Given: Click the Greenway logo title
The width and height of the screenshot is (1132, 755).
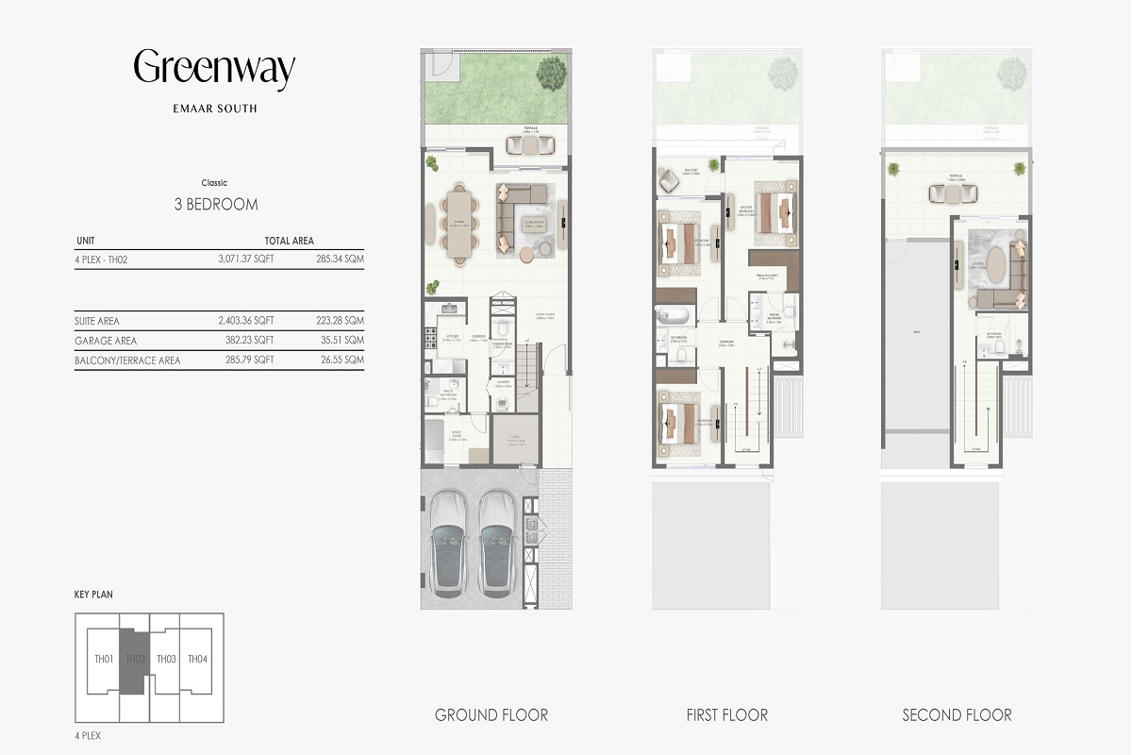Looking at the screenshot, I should [x=214, y=70].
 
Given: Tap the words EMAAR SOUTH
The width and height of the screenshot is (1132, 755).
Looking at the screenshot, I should [x=214, y=109].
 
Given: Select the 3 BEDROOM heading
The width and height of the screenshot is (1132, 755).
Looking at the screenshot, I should [x=216, y=204].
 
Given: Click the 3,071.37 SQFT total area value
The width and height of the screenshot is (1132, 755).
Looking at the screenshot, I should [x=245, y=259].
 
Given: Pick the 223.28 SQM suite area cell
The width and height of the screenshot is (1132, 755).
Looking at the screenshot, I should [x=341, y=321].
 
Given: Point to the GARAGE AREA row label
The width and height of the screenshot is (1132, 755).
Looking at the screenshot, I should [x=106, y=341].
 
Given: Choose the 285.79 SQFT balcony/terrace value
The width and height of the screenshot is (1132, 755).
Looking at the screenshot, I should [x=245, y=361].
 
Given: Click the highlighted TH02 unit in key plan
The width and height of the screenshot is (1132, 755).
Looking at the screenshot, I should [x=134, y=660].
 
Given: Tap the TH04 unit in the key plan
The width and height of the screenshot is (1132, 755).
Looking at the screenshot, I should [x=197, y=659].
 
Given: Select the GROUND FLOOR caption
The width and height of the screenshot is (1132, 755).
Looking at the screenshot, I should [x=491, y=714].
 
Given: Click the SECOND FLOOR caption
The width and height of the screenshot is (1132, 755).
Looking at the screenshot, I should [x=957, y=714].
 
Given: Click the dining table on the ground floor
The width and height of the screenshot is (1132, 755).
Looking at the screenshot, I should [x=459, y=224].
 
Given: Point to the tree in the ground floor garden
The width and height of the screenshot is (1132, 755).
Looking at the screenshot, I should [x=551, y=72].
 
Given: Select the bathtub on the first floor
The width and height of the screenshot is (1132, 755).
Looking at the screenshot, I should [x=674, y=316].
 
